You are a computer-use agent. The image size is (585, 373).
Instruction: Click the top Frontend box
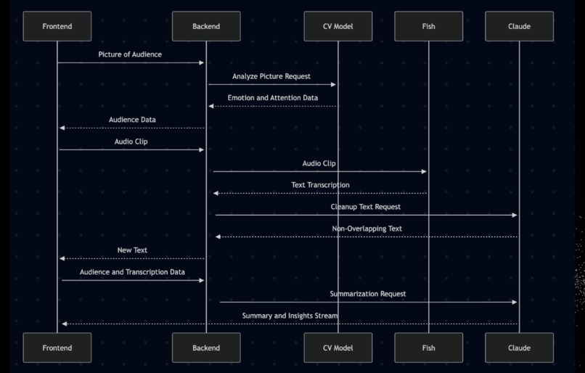tap(57, 27)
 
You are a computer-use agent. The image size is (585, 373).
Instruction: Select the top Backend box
tap(206, 27)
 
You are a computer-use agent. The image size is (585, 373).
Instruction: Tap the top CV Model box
tap(337, 27)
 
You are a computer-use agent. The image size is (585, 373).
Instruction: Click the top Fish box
tap(428, 27)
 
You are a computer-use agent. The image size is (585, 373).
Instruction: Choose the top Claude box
tap(519, 27)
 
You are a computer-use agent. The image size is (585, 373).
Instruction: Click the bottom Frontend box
tap(57, 348)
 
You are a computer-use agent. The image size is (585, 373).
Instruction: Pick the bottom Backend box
tap(206, 348)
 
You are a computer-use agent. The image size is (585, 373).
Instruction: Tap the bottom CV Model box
tap(337, 348)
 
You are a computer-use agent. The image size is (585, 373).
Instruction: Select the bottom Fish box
tap(428, 348)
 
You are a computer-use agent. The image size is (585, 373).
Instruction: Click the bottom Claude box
tap(519, 348)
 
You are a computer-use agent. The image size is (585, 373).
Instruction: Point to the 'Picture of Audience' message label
tap(130, 54)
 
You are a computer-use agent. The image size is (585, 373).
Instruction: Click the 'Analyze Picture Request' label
tap(271, 76)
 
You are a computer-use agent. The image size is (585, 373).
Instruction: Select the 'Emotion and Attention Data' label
tap(272, 98)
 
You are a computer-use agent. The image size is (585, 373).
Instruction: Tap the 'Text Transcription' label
tap(320, 185)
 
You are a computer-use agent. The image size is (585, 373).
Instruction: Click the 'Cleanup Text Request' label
tap(366, 207)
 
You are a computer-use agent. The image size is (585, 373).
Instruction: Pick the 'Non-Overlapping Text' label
tap(367, 229)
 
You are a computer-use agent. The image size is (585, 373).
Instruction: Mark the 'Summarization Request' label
tap(368, 294)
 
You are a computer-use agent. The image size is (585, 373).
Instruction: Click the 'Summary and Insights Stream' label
tap(290, 316)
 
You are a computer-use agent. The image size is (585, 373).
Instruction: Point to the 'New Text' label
tap(132, 250)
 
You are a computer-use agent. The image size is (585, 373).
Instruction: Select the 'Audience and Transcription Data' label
tap(132, 272)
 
